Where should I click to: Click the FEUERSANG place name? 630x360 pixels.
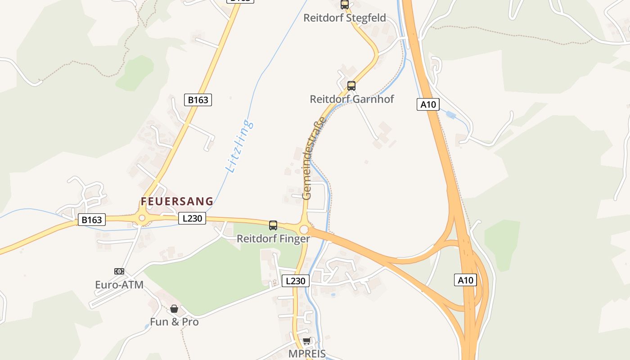pyautogui.click(x=177, y=201)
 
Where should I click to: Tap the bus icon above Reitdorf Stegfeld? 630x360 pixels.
pyautogui.click(x=345, y=4)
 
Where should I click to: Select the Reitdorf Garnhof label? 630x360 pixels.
pyautogui.click(x=352, y=99)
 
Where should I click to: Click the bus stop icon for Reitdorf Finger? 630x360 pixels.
pyautogui.click(x=273, y=225)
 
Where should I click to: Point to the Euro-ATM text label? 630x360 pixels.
pyautogui.click(x=119, y=284)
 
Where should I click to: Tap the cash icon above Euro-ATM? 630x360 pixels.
pyautogui.click(x=119, y=271)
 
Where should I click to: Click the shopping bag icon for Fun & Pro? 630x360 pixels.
pyautogui.click(x=174, y=309)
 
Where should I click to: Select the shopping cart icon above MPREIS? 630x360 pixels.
pyautogui.click(x=307, y=341)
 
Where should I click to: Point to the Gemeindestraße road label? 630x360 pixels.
pyautogui.click(x=313, y=158)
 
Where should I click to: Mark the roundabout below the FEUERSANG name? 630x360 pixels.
pyautogui.click(x=142, y=218)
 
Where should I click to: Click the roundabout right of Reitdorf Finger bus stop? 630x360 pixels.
pyautogui.click(x=304, y=229)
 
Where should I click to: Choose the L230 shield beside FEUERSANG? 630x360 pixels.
pyautogui.click(x=192, y=218)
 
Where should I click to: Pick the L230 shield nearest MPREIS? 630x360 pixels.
pyautogui.click(x=296, y=281)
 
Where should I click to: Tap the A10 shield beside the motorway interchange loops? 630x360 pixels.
pyautogui.click(x=465, y=280)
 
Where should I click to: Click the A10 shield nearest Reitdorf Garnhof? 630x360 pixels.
pyautogui.click(x=428, y=105)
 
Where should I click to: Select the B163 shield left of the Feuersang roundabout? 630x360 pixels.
pyautogui.click(x=92, y=220)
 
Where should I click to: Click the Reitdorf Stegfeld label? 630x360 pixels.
pyautogui.click(x=345, y=18)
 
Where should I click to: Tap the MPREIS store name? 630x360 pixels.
pyautogui.click(x=307, y=354)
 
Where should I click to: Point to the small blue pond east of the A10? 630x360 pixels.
pyautogui.click(x=451, y=116)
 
